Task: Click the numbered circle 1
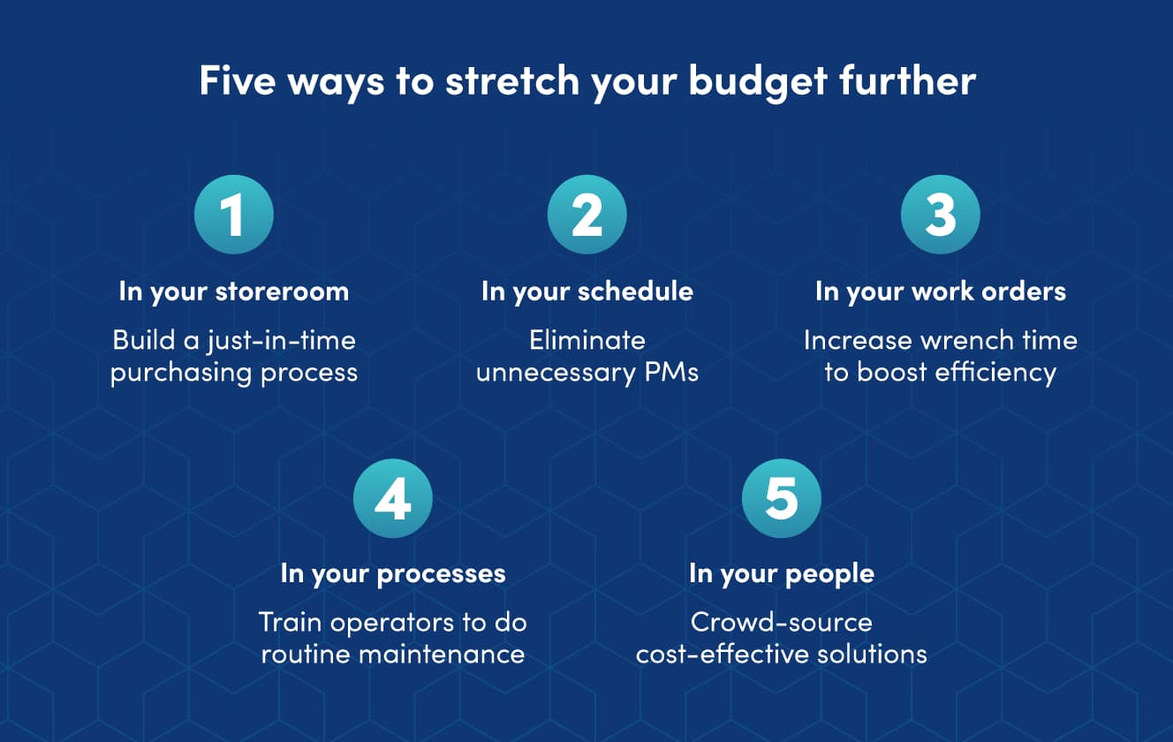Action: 234,215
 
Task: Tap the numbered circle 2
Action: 587,215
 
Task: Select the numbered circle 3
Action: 941,215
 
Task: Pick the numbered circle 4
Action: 393,498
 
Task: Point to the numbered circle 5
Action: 782,498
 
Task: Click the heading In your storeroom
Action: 234,291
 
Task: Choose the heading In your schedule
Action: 587,291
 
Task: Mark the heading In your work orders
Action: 941,291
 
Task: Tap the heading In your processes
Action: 393,573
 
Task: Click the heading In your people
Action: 782,573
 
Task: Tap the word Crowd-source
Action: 782,622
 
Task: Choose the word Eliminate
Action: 587,340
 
